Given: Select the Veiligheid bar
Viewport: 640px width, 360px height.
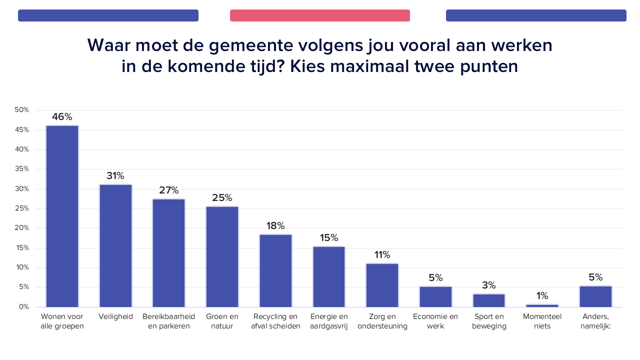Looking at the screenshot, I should click(115, 245).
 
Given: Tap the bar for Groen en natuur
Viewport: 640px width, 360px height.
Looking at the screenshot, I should click(222, 256).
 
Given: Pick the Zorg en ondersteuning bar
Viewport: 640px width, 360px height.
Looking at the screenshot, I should click(382, 285).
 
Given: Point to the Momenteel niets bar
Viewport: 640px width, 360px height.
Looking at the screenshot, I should click(542, 305).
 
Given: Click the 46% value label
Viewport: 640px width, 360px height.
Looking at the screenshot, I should click(62, 117).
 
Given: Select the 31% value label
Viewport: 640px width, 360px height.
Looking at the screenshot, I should click(115, 176).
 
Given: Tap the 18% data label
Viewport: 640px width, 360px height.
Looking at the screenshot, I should click(275, 225).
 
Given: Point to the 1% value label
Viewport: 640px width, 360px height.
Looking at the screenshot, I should click(542, 295).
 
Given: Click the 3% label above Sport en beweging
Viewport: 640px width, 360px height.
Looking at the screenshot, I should click(489, 285).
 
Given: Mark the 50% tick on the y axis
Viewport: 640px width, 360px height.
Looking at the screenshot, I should click(22, 110).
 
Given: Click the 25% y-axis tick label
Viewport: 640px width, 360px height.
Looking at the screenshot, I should click(22, 208).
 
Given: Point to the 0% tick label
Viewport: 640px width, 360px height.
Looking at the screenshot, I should click(23, 307).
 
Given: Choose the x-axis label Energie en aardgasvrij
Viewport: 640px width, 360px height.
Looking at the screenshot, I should click(329, 321).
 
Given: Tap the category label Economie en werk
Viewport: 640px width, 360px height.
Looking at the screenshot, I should click(435, 321).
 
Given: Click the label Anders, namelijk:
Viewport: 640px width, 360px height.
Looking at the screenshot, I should click(595, 321).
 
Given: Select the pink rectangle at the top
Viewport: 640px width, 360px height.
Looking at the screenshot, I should click(320, 15).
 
